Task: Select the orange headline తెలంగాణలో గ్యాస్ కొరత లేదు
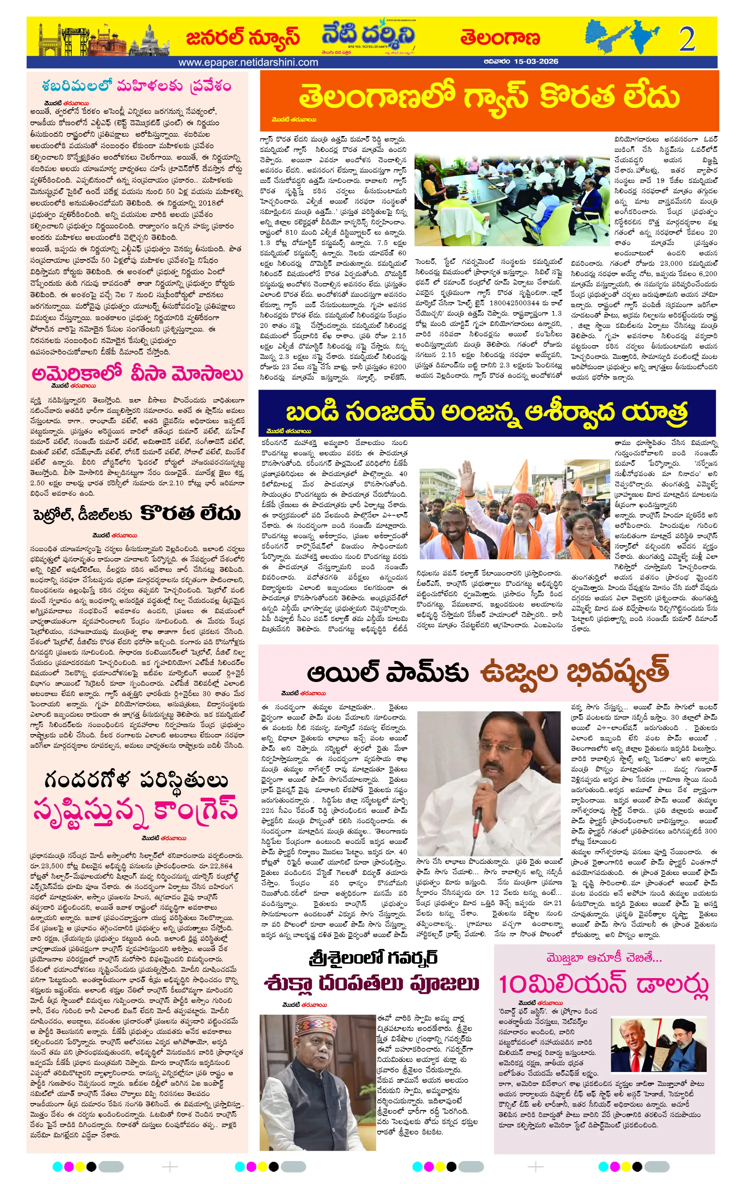489,96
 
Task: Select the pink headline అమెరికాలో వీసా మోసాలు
137,373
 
